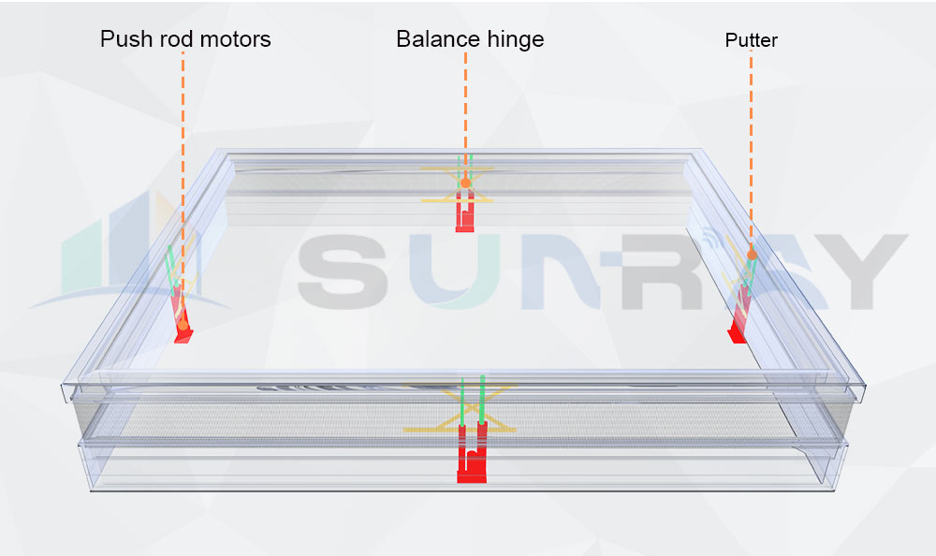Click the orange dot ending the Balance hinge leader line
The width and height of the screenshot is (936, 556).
point(465,183)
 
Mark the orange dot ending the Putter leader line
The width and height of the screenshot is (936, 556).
point(753,255)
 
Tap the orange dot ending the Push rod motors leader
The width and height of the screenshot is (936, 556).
point(183,326)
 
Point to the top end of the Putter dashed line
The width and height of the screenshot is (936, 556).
point(751,51)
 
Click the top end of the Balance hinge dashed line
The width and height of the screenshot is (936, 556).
point(465,52)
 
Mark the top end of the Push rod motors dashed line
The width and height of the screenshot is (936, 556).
point(183,52)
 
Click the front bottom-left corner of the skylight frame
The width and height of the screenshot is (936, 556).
point(91,490)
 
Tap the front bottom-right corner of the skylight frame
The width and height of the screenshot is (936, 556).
point(832,490)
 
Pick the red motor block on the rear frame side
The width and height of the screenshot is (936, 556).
point(465,211)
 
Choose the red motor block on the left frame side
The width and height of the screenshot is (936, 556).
point(182,315)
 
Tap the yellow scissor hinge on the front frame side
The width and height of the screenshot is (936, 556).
point(460,407)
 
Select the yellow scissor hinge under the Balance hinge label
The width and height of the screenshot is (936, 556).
point(458,184)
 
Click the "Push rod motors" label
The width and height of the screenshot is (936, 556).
point(185,39)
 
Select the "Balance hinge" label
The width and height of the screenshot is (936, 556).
point(471,39)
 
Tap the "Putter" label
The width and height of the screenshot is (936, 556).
point(752,40)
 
